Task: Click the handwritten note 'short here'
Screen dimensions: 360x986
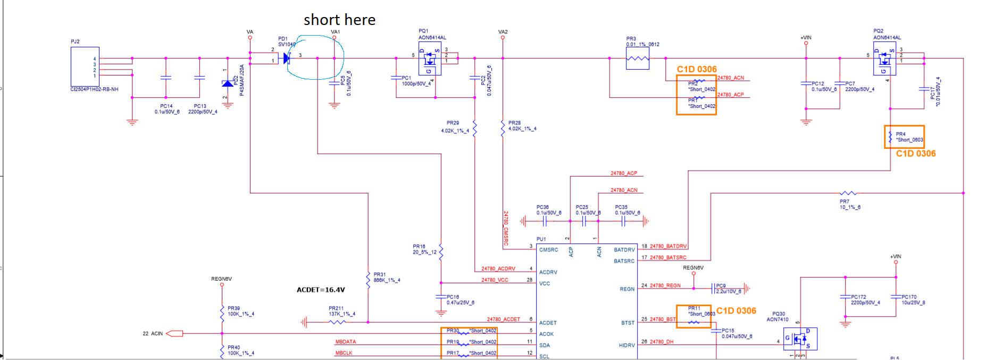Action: [x=339, y=20]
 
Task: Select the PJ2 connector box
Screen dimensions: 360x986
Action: [x=85, y=66]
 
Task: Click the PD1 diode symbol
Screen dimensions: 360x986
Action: [x=287, y=58]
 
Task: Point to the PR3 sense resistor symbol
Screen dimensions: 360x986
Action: [x=638, y=59]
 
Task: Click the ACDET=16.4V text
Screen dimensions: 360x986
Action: [x=321, y=290]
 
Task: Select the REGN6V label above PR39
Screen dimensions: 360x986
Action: [x=221, y=279]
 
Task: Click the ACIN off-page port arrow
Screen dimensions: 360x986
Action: [x=174, y=333]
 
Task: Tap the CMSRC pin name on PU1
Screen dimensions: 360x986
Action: [x=548, y=249]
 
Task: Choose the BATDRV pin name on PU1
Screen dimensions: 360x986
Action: [x=624, y=249]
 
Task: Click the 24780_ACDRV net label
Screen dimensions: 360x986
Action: [x=498, y=269]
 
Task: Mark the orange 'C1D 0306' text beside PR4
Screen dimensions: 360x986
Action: [x=916, y=154]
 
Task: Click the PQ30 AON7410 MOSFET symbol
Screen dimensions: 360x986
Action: [x=800, y=339]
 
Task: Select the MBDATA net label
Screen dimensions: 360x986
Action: [x=346, y=342]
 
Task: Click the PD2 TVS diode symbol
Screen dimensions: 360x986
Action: [x=228, y=83]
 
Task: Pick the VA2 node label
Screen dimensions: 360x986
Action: [x=503, y=32]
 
